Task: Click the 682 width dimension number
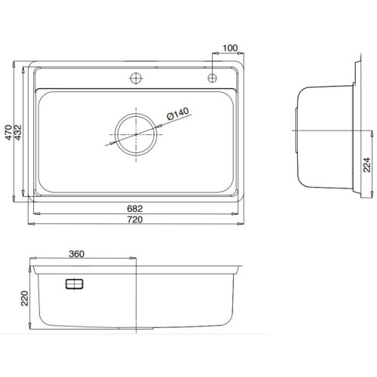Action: pos(136,209)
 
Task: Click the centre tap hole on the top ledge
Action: pos(136,78)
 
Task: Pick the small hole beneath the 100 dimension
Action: pos(213,78)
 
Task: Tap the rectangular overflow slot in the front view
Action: pos(75,284)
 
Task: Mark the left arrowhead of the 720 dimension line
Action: pos(31,223)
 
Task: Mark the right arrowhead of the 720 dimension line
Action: pos(241,223)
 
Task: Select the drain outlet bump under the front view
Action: pos(136,330)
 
